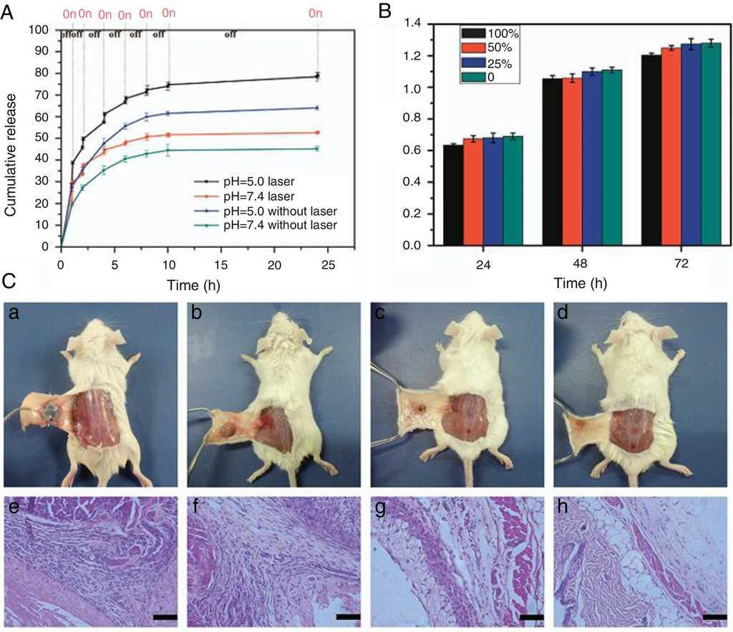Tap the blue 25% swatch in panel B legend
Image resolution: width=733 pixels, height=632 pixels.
(473, 62)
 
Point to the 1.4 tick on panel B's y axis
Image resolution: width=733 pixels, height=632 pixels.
(415, 24)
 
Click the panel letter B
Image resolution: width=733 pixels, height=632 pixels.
(385, 10)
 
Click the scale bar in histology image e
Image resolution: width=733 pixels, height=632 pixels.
(165, 616)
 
